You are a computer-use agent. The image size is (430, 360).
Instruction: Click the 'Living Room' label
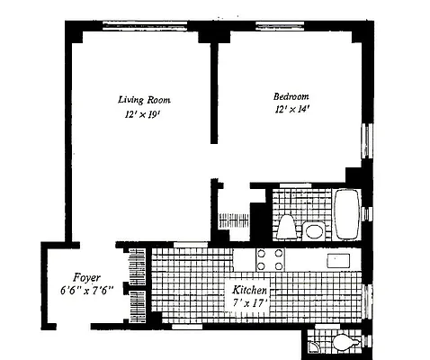point(144,99)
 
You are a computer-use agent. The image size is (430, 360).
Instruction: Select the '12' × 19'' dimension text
point(143,115)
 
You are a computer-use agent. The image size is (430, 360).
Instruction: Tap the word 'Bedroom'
point(291,96)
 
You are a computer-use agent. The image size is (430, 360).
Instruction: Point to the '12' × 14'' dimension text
point(291,112)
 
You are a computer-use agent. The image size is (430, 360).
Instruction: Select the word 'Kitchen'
point(249,291)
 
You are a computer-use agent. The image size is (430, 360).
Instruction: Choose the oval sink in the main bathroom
point(314,230)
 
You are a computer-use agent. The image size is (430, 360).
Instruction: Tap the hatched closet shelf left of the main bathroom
point(233,220)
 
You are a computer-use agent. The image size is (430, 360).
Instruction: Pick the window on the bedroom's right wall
point(364,140)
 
